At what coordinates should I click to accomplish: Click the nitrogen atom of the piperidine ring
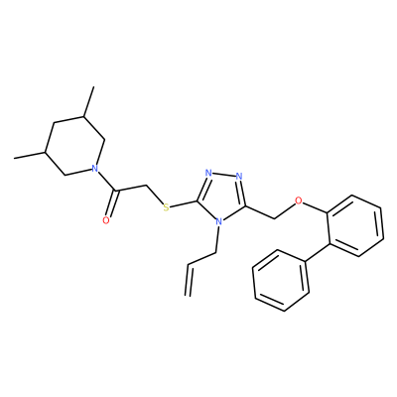click(x=95, y=169)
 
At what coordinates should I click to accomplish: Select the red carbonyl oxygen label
click(x=106, y=220)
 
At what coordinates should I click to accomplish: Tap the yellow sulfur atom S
click(x=167, y=207)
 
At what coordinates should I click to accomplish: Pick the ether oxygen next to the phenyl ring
click(x=299, y=200)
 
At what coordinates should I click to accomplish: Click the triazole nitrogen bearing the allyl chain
click(x=218, y=221)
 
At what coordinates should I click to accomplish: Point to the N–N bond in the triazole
click(x=224, y=175)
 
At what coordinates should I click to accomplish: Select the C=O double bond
click(x=110, y=204)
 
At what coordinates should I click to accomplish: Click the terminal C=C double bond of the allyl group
click(x=190, y=280)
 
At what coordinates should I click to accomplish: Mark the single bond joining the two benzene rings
click(x=317, y=253)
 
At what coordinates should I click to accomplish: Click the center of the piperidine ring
click(x=74, y=146)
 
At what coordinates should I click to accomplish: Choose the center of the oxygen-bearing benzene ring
click(x=355, y=225)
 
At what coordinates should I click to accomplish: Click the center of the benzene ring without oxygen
click(x=281, y=281)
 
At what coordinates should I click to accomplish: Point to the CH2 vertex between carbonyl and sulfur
click(x=146, y=185)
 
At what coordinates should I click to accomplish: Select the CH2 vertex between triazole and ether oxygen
click(x=274, y=218)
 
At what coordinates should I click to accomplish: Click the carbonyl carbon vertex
click(x=115, y=192)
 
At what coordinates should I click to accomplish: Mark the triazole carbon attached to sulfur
click(x=198, y=200)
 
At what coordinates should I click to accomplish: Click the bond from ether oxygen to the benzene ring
click(x=315, y=207)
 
